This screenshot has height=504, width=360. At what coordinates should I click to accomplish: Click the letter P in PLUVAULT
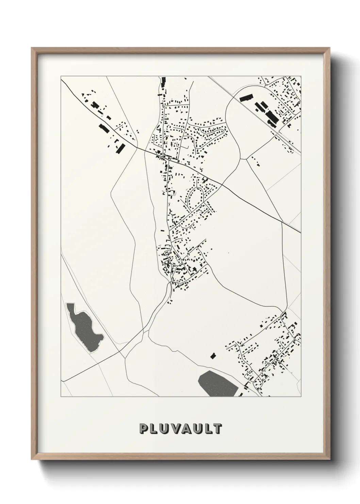coord(144,429)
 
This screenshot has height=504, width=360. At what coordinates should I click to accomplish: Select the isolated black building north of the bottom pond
coord(213,356)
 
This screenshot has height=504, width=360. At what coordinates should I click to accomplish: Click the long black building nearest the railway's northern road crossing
coord(246,98)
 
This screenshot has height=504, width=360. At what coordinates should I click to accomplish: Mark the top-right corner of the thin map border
coord(301,76)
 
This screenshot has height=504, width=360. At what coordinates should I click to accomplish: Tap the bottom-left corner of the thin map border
coord(61,397)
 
